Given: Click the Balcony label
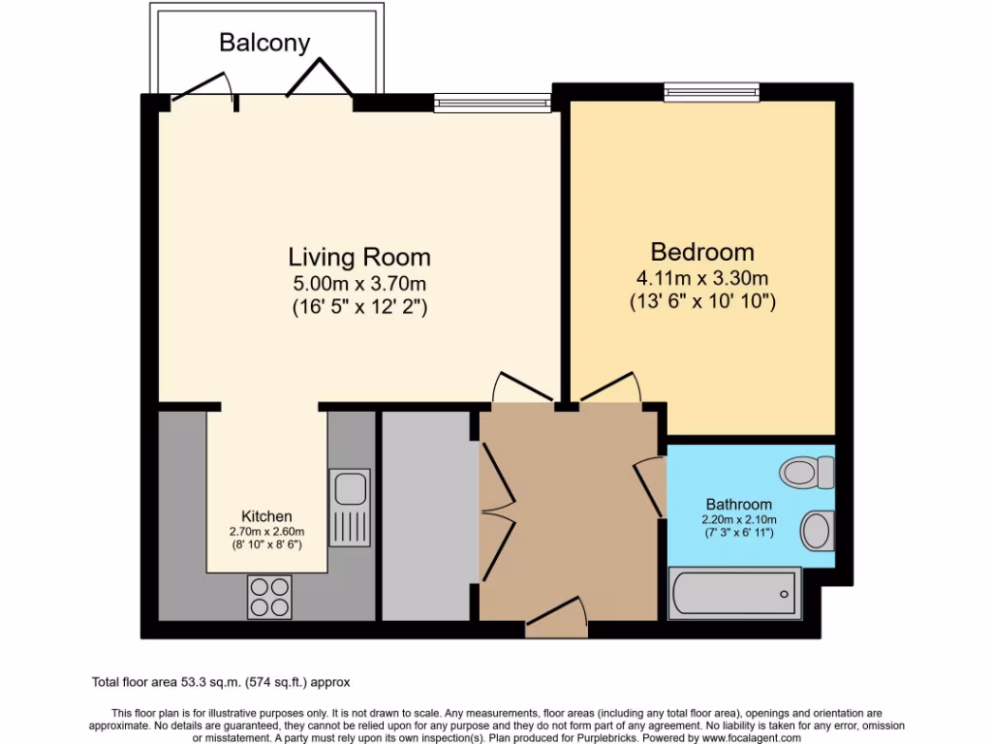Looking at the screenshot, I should pos(264,43).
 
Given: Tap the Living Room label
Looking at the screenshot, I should pos(359,257).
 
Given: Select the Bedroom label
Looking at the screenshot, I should pos(702,252).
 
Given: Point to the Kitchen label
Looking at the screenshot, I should pos(266,516).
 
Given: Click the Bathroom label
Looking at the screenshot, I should pos(738,504).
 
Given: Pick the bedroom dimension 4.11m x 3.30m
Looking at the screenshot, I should pos(702,277).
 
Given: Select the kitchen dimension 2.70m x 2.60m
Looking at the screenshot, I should pos(266,531).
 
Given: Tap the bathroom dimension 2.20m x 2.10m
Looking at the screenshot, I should pos(738,519).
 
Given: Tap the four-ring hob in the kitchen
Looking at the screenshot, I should pos(269,596).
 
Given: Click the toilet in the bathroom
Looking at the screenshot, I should pos(808,473).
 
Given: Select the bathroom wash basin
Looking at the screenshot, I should pos(818,531).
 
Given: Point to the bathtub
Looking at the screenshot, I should pos(734,593).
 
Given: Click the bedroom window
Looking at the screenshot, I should pos(711,93).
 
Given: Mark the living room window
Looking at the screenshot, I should pos(492,100).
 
